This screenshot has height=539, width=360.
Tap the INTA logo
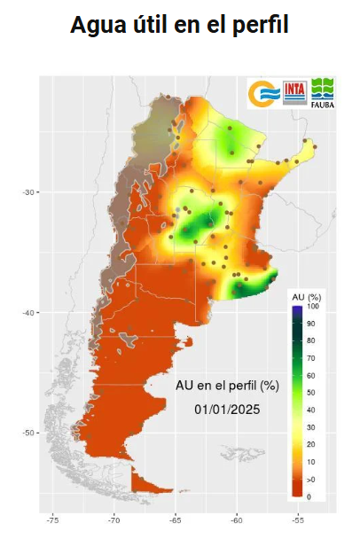(295, 92)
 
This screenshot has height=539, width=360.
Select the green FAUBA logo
(323, 92)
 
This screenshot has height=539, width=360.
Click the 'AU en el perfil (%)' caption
(227, 386)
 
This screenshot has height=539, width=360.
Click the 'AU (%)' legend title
(307, 295)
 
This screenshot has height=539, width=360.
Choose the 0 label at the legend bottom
(309, 496)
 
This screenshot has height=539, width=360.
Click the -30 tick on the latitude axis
(27, 192)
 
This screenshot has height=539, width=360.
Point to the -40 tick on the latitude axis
(27, 313)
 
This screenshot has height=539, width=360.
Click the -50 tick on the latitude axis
(27, 433)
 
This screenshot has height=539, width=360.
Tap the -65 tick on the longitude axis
(175, 520)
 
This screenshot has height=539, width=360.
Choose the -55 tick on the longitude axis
(297, 520)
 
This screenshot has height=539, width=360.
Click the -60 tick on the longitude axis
(236, 520)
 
